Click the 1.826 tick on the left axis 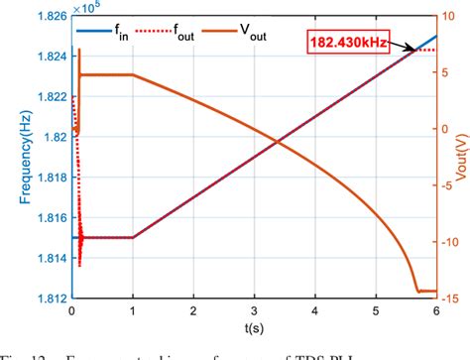(46, 16)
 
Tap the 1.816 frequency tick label (46, 218)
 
